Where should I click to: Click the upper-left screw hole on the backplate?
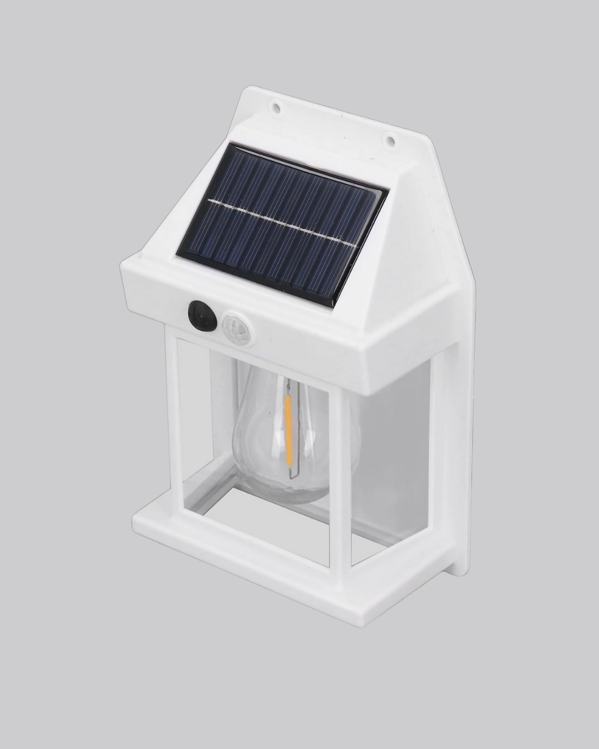pyautogui.click(x=275, y=104)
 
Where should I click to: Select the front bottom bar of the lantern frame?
pyautogui.click(x=227, y=535)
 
